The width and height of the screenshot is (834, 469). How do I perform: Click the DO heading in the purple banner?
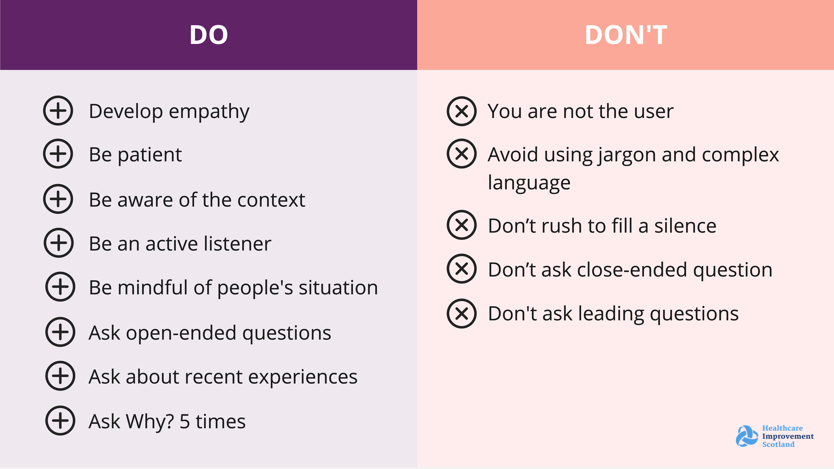coord(209,35)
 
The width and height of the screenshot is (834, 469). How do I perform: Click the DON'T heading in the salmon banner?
coord(626,35)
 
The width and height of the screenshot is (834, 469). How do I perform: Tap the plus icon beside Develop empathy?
coord(58,111)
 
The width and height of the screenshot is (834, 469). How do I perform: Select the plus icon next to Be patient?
coord(58,154)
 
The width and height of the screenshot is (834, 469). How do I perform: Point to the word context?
coord(271,200)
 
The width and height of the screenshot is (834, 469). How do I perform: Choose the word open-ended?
coord(181,333)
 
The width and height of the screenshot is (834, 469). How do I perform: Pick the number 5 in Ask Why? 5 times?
coord(185,421)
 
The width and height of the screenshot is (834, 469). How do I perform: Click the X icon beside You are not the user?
coord(462,111)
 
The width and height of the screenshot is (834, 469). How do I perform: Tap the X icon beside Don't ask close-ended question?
coord(462,269)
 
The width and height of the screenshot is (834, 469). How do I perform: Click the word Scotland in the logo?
coord(778,444)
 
